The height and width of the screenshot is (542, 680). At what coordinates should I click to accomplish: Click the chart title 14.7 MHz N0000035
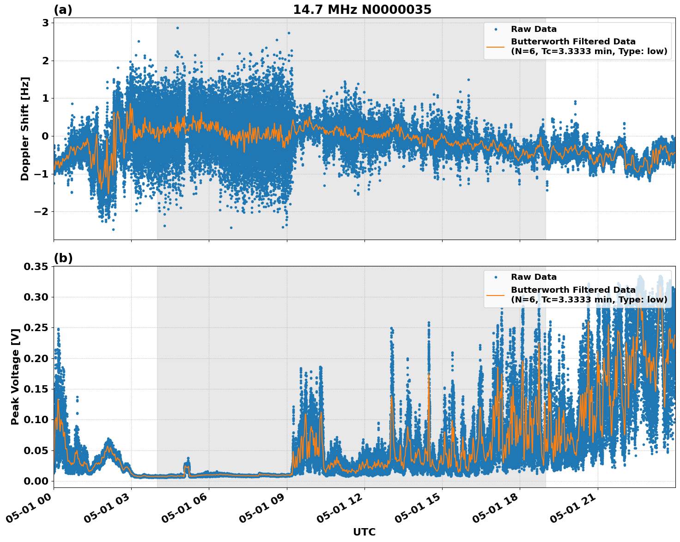(x=362, y=10)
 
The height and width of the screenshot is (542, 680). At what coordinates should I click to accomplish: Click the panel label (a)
(x=63, y=10)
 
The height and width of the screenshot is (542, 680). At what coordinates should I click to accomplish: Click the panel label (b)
(x=63, y=258)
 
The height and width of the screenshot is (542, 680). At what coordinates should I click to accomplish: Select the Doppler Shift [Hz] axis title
(x=25, y=129)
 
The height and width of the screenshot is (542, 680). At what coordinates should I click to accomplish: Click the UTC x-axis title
(x=364, y=532)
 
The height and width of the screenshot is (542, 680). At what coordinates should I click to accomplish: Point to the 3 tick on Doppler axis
(x=45, y=23)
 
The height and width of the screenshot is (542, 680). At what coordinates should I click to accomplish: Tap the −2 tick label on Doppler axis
(x=42, y=212)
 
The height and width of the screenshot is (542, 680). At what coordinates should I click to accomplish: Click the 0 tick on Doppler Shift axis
(x=45, y=136)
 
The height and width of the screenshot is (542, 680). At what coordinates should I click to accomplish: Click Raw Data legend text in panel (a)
(x=534, y=29)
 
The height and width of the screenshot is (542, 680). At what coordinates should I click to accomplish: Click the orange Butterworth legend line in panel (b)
(x=495, y=295)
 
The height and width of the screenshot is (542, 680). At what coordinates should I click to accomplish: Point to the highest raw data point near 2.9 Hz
(x=177, y=28)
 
